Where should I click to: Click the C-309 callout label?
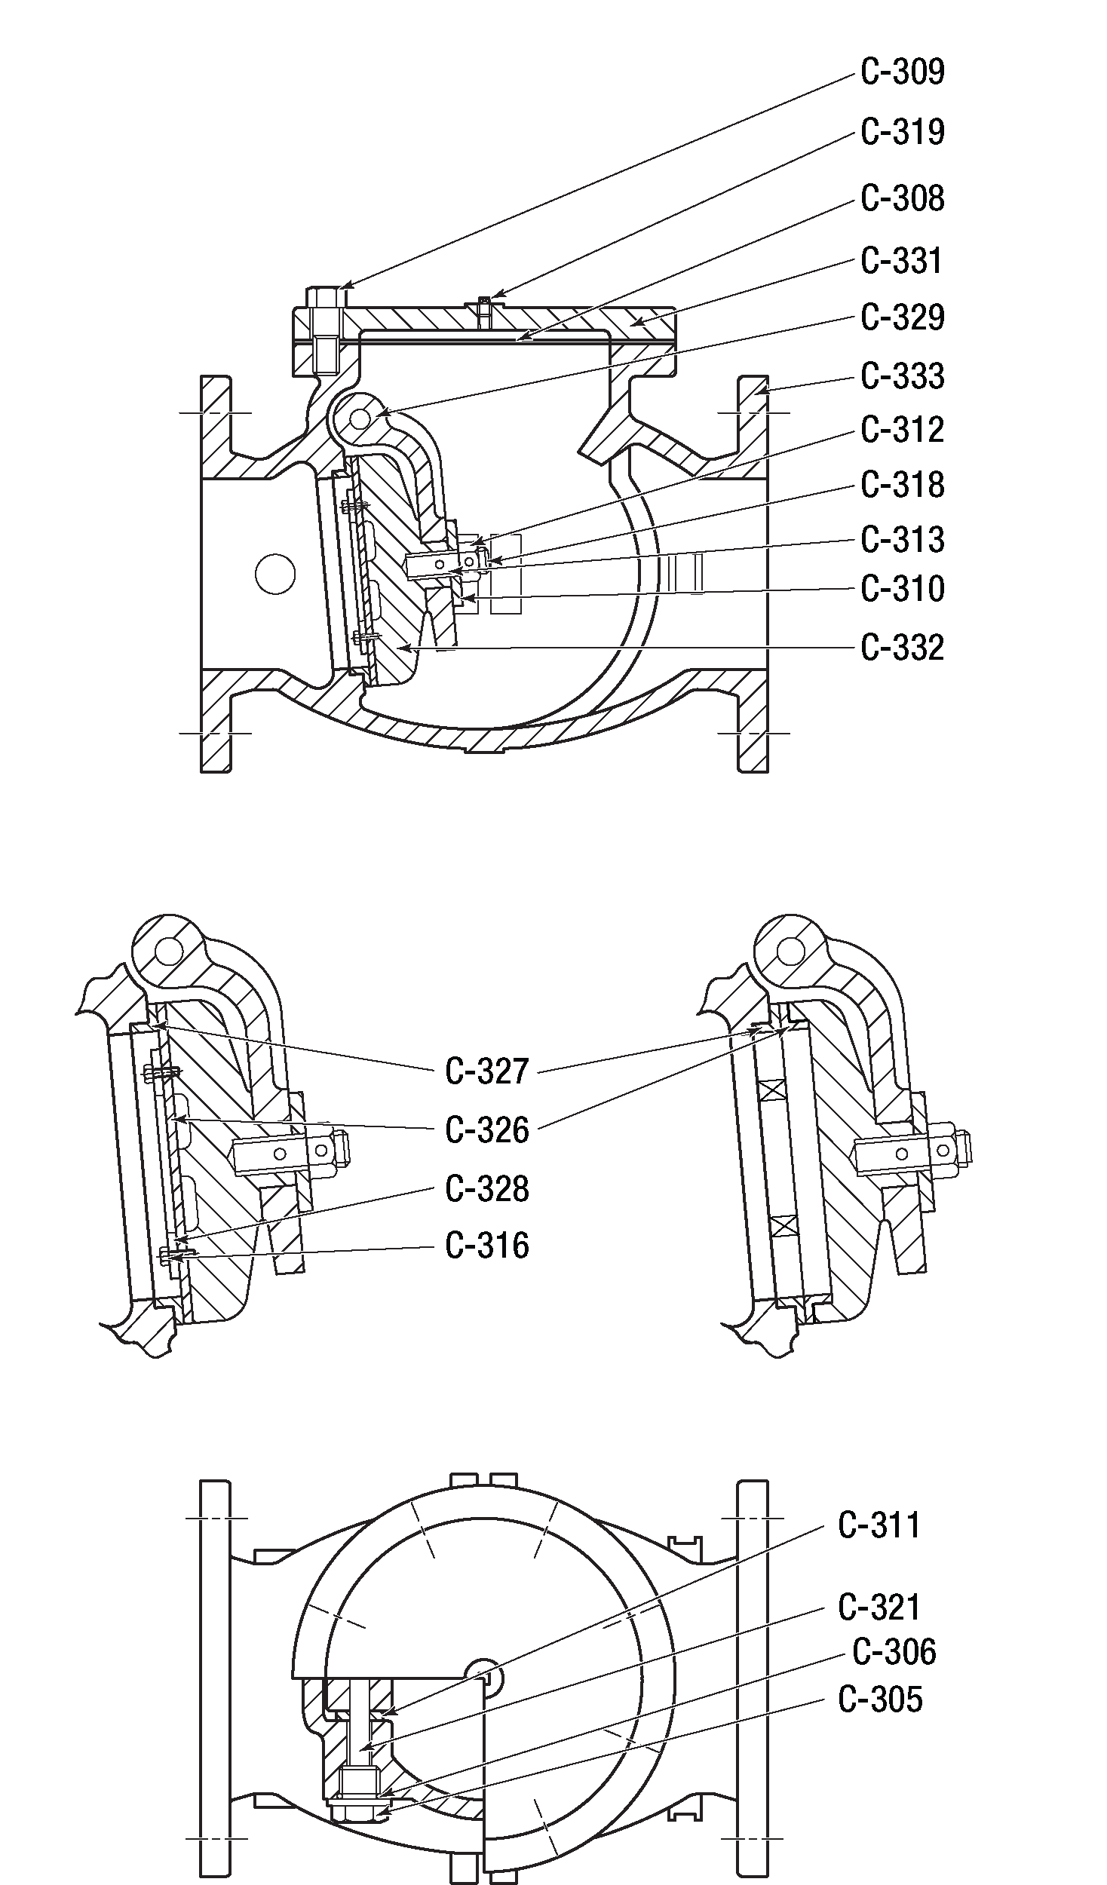coord(903,72)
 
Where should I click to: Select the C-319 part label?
coord(903,132)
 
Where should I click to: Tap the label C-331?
coord(902,261)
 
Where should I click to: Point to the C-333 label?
coord(903,376)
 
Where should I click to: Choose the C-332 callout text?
coord(903,648)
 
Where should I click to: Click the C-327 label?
coord(487,1071)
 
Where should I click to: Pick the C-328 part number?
coord(487,1189)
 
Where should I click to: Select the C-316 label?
coord(487,1245)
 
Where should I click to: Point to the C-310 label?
coord(903,589)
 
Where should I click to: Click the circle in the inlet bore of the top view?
coord(274,574)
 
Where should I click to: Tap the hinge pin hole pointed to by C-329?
coord(360,417)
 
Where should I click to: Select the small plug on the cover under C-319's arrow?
coord(485,311)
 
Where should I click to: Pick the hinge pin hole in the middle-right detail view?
coord(790,949)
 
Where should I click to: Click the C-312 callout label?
coord(903,431)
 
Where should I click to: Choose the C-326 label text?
coord(487,1130)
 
